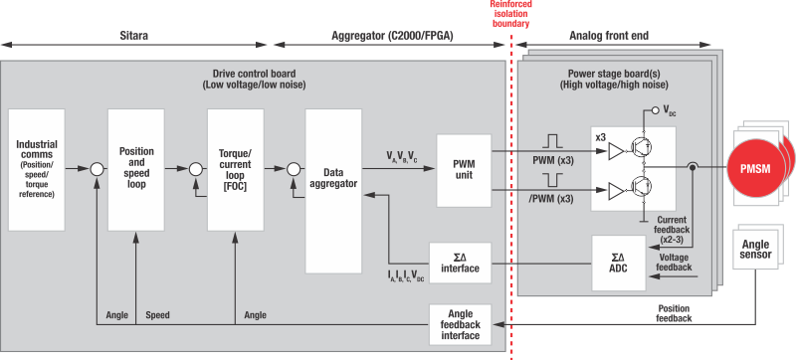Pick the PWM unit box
pyautogui.click(x=465, y=169)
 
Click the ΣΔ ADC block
pyautogui.click(x=617, y=264)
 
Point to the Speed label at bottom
pyautogui.click(x=157, y=315)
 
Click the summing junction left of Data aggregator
pyautogui.click(x=293, y=169)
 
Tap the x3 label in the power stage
pyautogui.click(x=600, y=135)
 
